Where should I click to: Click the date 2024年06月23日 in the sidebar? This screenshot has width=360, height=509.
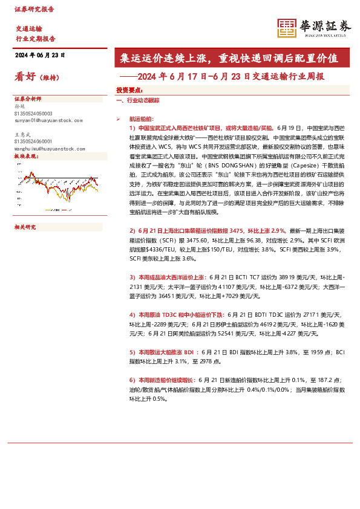click(39, 55)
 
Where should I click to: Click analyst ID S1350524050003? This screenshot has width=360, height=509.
click(33, 113)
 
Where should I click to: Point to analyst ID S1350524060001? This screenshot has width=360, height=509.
click(33, 140)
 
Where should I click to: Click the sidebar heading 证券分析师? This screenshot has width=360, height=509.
click(27, 99)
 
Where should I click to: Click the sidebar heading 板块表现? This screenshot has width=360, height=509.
click(25, 156)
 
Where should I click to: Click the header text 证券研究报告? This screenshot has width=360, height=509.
click(34, 10)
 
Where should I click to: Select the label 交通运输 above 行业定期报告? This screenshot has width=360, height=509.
click(28, 29)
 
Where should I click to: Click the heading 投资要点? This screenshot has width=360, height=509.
click(129, 89)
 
